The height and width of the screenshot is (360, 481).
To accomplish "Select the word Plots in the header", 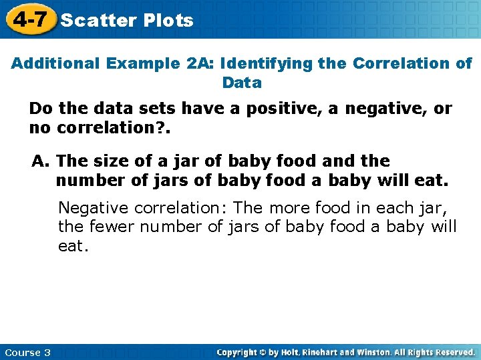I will click(x=168, y=20).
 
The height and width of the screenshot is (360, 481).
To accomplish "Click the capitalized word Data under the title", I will click(x=241, y=83).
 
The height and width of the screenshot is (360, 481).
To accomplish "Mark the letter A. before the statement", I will click(x=41, y=161).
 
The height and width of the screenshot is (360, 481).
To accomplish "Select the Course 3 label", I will click(x=27, y=352).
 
